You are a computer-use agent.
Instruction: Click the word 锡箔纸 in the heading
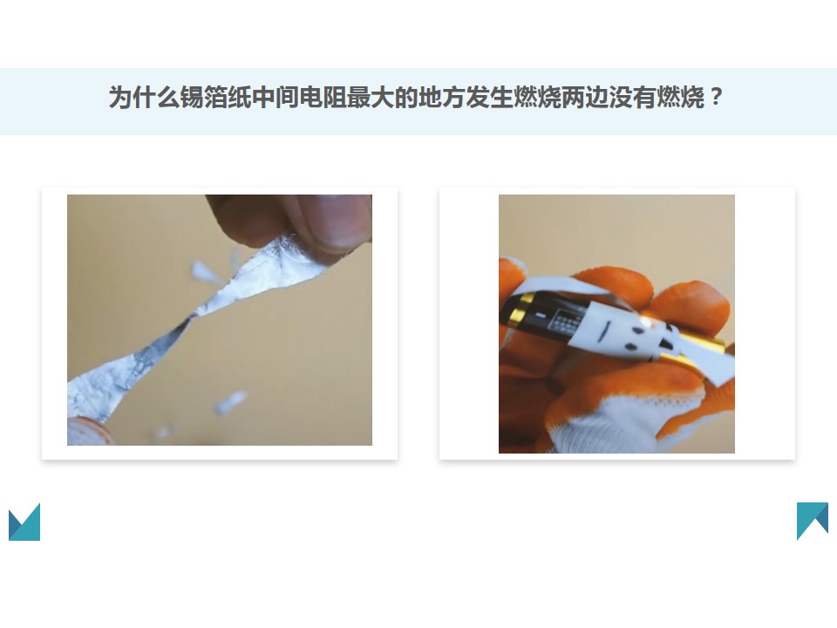[x=215, y=98]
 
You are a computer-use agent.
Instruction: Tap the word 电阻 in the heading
[x=323, y=98]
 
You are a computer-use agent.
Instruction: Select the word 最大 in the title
[x=371, y=98]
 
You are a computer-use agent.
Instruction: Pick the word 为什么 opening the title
[x=144, y=98]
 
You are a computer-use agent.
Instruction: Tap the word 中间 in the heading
[x=276, y=98]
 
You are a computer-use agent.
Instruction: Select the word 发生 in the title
[x=489, y=98]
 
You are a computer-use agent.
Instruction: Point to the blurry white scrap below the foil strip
[x=230, y=401]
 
